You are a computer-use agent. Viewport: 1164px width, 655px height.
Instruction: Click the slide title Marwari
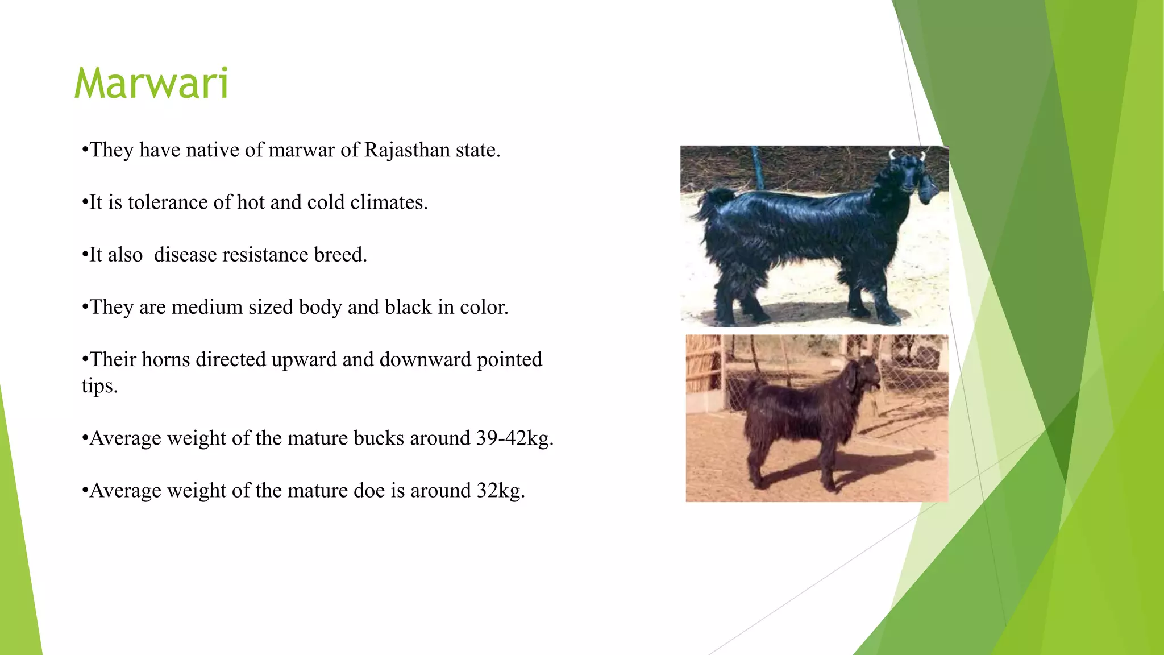[151, 84]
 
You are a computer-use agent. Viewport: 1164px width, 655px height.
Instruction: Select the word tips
[99, 386]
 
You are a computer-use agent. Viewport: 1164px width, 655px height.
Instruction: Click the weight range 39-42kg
[514, 438]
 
